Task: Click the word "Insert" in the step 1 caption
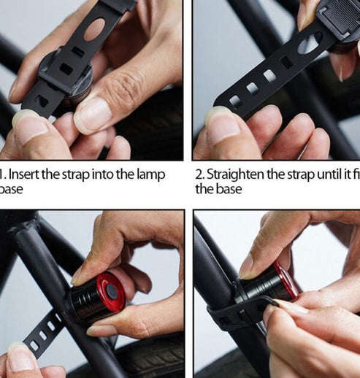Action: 24,175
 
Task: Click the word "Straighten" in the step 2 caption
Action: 237,175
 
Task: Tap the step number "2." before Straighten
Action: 200,175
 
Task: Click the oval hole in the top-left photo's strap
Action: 94,29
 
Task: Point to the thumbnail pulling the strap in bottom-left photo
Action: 20,357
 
